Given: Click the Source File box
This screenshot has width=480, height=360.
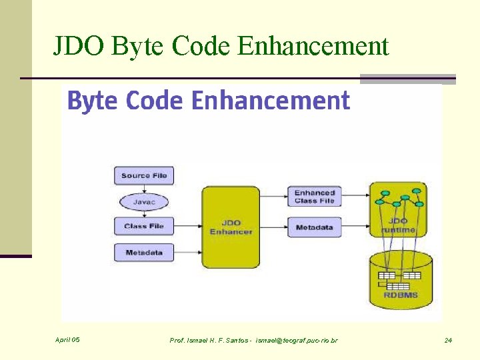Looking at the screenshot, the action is click(x=144, y=176).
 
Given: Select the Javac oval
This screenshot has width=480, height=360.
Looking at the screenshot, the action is click(x=144, y=201).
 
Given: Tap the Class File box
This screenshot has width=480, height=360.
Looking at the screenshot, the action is click(x=144, y=227).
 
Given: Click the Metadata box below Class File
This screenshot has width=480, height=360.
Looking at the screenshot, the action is click(x=144, y=253).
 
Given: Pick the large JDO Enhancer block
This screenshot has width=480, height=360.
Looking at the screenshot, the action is click(x=231, y=227).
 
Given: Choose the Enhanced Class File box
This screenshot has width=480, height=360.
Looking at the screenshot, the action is click(x=314, y=196).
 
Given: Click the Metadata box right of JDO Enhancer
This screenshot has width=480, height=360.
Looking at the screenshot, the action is click(x=314, y=227).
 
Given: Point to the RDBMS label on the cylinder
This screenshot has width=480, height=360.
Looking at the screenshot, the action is click(x=401, y=295).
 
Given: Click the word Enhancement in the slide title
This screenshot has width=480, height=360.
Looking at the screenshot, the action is click(x=313, y=46).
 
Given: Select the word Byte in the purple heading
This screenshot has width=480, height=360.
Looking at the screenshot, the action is click(x=92, y=101).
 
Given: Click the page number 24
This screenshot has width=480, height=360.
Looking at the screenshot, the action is click(x=448, y=341).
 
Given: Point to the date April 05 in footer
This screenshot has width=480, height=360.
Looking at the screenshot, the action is click(x=67, y=340).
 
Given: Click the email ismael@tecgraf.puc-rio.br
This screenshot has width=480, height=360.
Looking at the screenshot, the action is click(x=296, y=341).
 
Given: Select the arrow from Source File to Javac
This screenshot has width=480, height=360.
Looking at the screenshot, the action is click(x=144, y=189).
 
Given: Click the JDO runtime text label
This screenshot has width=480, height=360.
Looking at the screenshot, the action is click(x=399, y=225).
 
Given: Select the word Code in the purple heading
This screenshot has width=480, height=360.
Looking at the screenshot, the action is click(x=155, y=101).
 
